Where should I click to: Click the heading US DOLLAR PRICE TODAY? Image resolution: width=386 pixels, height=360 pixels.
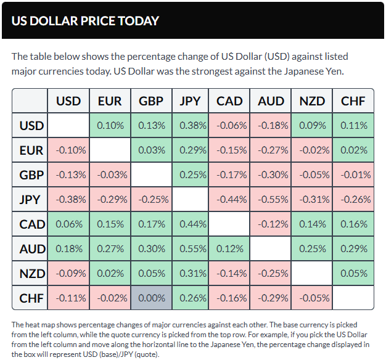pyautogui.click(x=85, y=20)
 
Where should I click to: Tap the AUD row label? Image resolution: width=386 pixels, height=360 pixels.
pyautogui.click(x=31, y=249)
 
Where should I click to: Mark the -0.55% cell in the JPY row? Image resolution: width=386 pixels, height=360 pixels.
pyautogui.click(x=272, y=200)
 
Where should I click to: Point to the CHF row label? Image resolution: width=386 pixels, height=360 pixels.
pyautogui.click(x=31, y=298)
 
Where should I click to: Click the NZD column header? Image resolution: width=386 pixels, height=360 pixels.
pyautogui.click(x=313, y=101)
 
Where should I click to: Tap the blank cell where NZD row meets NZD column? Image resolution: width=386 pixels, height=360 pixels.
pyautogui.click(x=313, y=274)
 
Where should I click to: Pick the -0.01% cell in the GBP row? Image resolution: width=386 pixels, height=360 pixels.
pyautogui.click(x=353, y=175)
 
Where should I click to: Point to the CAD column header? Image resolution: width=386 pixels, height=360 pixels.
pyautogui.click(x=231, y=101)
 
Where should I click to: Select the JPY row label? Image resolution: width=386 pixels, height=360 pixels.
pyautogui.click(x=31, y=200)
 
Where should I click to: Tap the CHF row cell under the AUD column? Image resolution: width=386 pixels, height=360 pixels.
pyautogui.click(x=272, y=298)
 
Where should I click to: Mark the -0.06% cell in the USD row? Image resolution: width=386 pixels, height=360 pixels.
pyautogui.click(x=231, y=126)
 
